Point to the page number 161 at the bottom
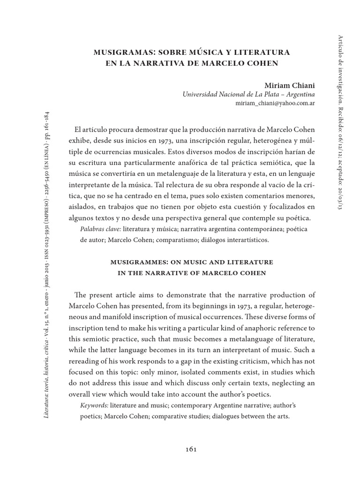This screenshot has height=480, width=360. point(191,449)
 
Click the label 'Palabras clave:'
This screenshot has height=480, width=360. point(101,229)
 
